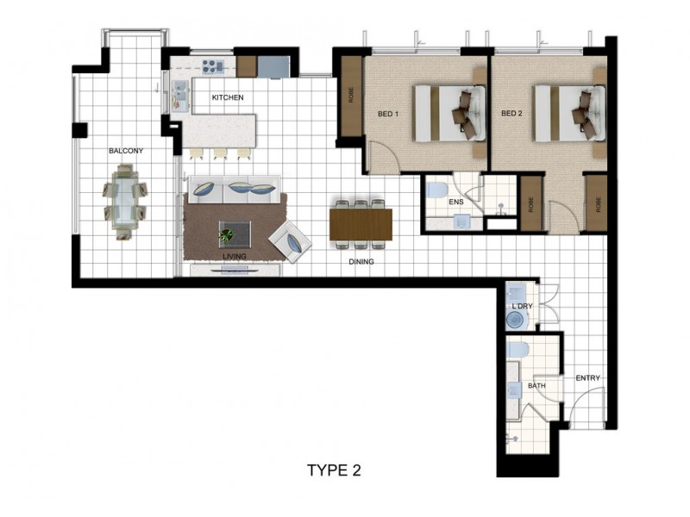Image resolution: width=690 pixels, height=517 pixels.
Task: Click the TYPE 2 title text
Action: point(334,470)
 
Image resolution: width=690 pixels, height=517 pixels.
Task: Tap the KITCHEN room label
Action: point(228,97)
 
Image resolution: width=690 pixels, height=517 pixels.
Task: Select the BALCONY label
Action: point(126,151)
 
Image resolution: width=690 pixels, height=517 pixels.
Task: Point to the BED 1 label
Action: point(388,114)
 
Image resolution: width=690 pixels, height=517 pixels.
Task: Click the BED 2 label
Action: point(511,114)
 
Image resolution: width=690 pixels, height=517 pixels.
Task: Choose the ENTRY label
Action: point(588,378)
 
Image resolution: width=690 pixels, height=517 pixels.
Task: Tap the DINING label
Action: point(361,262)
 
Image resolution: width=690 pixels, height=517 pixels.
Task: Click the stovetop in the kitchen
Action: point(213,66)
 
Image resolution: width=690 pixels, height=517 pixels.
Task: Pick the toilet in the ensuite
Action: point(436,190)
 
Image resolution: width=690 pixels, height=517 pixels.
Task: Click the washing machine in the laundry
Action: point(516,320)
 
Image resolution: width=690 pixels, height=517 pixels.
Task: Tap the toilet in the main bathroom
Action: point(517,350)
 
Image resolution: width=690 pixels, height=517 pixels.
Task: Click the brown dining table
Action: point(361,225)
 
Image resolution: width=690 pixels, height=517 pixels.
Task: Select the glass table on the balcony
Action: point(125,201)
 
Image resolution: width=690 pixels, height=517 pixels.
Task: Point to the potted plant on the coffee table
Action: point(227,235)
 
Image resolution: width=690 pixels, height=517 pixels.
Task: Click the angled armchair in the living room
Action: point(290,241)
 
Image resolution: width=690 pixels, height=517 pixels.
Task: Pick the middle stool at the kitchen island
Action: point(220,153)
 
